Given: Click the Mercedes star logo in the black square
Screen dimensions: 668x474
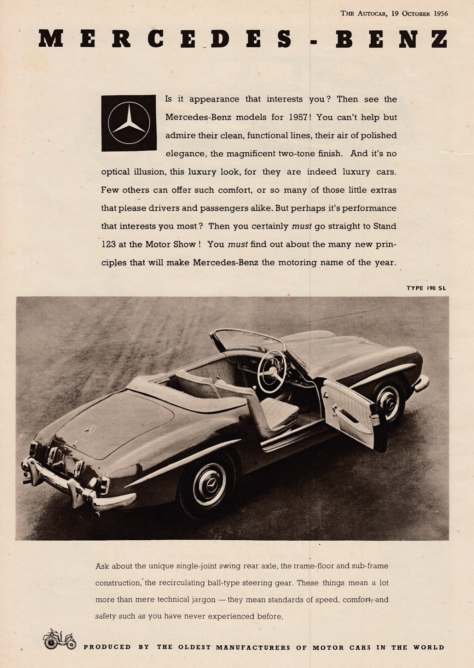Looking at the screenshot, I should tap(129, 122).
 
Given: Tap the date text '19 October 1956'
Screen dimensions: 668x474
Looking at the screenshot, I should tap(420, 13).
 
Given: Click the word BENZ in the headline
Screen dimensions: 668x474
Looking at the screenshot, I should tap(392, 39).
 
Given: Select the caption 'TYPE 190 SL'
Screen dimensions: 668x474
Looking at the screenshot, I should tap(426, 288).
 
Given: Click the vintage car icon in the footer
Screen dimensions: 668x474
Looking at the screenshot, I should tap(59, 639).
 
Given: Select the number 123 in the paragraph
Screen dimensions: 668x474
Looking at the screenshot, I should tap(108, 244).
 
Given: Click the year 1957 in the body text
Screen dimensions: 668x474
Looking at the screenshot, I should tap(298, 118).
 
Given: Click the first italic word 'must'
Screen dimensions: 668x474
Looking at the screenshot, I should tap(301, 226).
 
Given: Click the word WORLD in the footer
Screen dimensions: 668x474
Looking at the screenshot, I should tap(429, 647).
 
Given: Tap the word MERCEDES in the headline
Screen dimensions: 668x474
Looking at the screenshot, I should tap(165, 39).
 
